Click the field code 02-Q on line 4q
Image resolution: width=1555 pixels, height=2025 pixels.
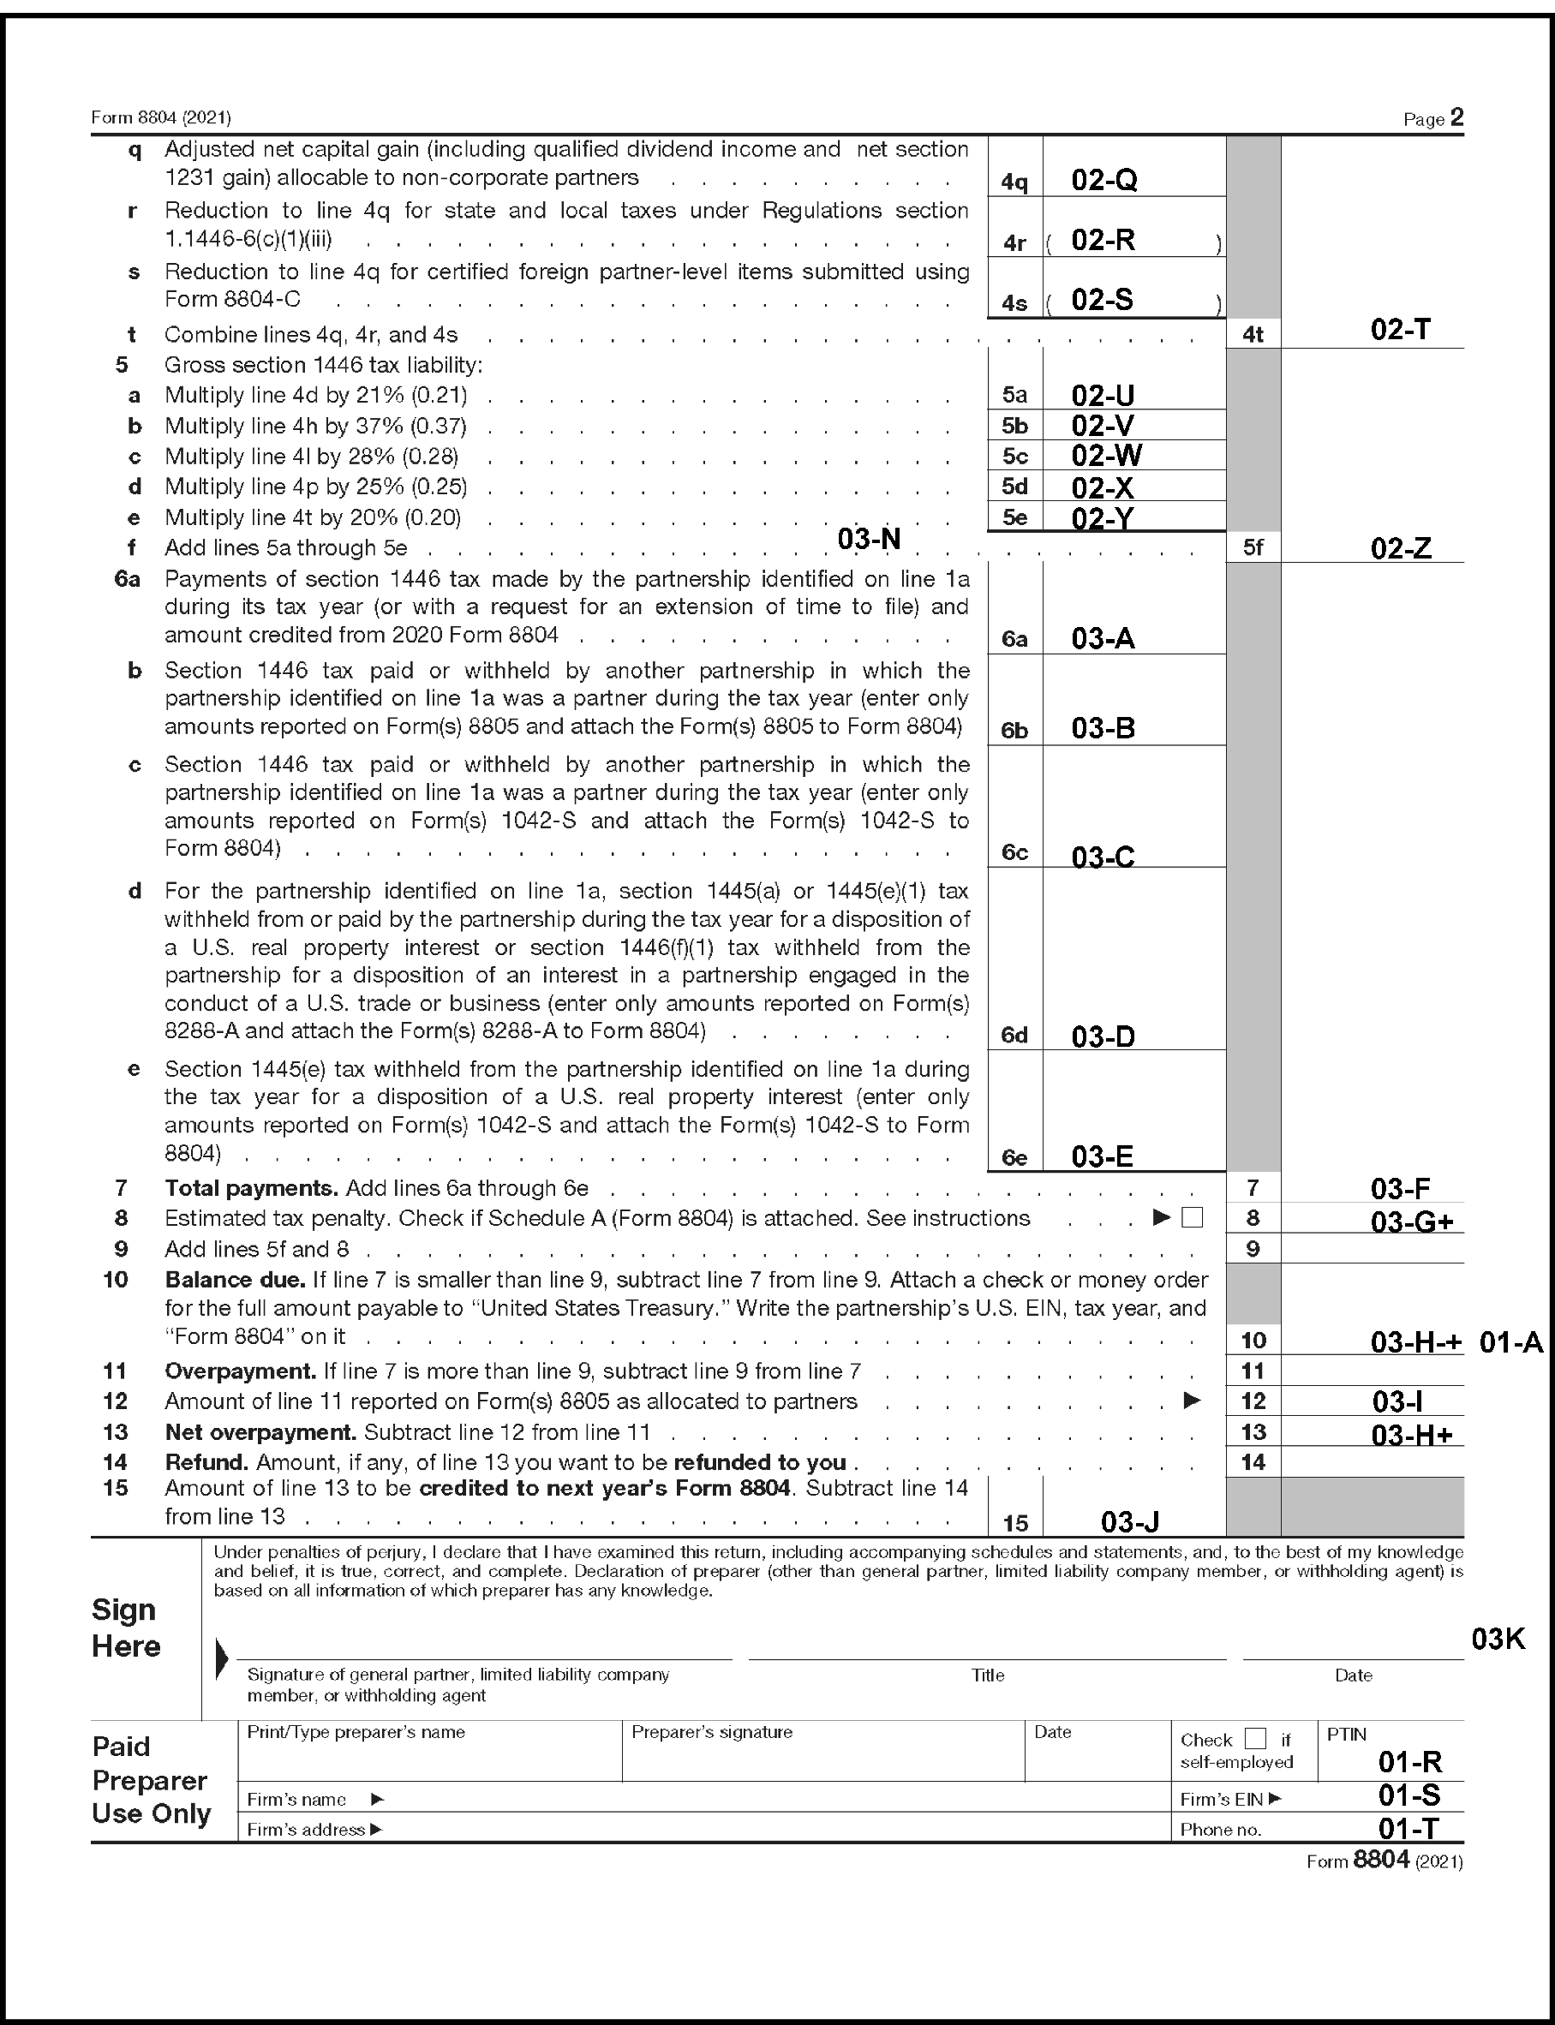pyautogui.click(x=1103, y=180)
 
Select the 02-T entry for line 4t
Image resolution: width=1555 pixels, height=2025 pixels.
pyautogui.click(x=1400, y=330)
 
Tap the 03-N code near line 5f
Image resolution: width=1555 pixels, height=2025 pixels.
pyautogui.click(x=868, y=539)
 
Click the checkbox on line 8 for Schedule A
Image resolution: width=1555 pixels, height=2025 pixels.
pyautogui.click(x=1193, y=1218)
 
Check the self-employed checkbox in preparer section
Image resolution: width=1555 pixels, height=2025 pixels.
pyautogui.click(x=1255, y=1738)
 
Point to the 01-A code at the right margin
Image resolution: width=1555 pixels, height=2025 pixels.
pyautogui.click(x=1510, y=1342)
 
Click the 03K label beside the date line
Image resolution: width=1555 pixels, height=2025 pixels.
pyautogui.click(x=1498, y=1639)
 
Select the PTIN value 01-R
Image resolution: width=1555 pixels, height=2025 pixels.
pyautogui.click(x=1409, y=1762)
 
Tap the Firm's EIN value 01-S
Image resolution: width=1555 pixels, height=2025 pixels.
pyautogui.click(x=1408, y=1795)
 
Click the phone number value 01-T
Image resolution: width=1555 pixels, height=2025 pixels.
pyautogui.click(x=1408, y=1828)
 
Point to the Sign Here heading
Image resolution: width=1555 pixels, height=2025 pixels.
pyautogui.click(x=126, y=1628)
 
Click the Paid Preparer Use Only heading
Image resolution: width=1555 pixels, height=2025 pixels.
pyautogui.click(x=151, y=1780)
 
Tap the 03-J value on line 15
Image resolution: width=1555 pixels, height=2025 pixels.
pyautogui.click(x=1129, y=1521)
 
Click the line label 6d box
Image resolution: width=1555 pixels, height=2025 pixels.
pyautogui.click(x=1014, y=1036)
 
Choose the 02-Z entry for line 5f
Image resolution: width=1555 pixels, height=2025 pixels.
pyautogui.click(x=1401, y=548)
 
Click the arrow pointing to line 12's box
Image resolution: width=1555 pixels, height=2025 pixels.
pyautogui.click(x=1193, y=1401)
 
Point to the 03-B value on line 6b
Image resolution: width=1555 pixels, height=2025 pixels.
pyautogui.click(x=1103, y=728)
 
